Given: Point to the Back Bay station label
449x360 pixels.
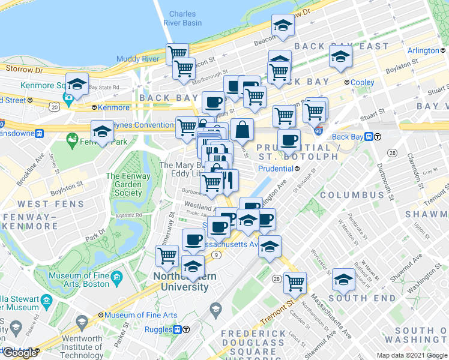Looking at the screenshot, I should [x=348, y=137].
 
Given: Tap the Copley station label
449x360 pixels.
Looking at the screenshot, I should [x=363, y=83].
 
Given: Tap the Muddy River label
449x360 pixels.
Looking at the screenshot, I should [x=138, y=59].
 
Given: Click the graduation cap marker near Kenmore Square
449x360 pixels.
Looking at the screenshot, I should [x=77, y=85].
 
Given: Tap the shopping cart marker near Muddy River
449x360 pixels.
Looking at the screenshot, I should [x=178, y=53].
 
